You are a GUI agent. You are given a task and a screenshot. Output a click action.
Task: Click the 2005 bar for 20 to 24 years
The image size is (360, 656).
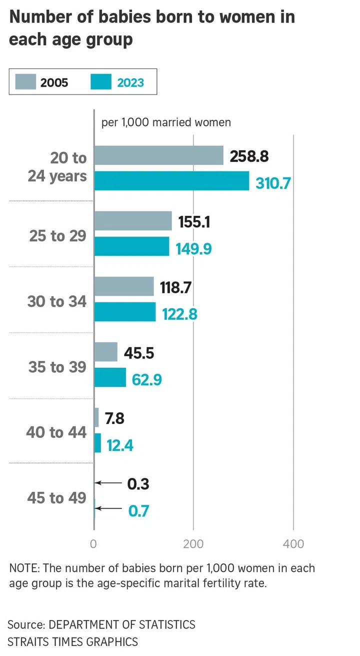point(158,155)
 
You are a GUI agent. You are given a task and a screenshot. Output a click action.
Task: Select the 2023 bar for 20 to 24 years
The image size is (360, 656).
point(171,180)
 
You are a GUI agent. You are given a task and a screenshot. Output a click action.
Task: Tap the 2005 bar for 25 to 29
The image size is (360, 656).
point(133,220)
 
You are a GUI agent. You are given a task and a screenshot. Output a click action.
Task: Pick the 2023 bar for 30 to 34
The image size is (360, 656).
point(125,312)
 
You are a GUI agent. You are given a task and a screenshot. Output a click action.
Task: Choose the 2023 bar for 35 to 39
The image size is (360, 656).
point(110,377)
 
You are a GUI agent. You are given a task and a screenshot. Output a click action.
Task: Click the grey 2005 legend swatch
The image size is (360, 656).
point(25,81)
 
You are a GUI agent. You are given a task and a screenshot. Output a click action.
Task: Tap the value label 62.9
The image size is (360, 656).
point(147,379)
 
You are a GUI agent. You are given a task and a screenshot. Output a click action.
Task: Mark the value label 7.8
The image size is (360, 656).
point(114,417)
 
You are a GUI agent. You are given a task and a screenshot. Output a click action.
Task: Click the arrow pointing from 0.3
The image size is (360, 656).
point(108,483)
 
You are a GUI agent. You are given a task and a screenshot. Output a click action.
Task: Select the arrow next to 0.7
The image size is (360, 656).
point(108,508)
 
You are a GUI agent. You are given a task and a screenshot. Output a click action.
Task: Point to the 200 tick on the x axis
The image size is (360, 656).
point(193,544)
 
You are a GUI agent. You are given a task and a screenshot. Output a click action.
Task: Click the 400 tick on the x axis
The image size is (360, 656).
point(293,544)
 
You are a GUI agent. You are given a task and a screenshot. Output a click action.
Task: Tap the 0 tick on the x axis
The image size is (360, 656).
point(93,544)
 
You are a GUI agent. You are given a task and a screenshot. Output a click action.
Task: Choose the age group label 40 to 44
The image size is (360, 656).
point(56,432)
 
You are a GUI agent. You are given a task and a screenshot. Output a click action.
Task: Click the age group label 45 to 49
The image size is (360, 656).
point(56,498)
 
